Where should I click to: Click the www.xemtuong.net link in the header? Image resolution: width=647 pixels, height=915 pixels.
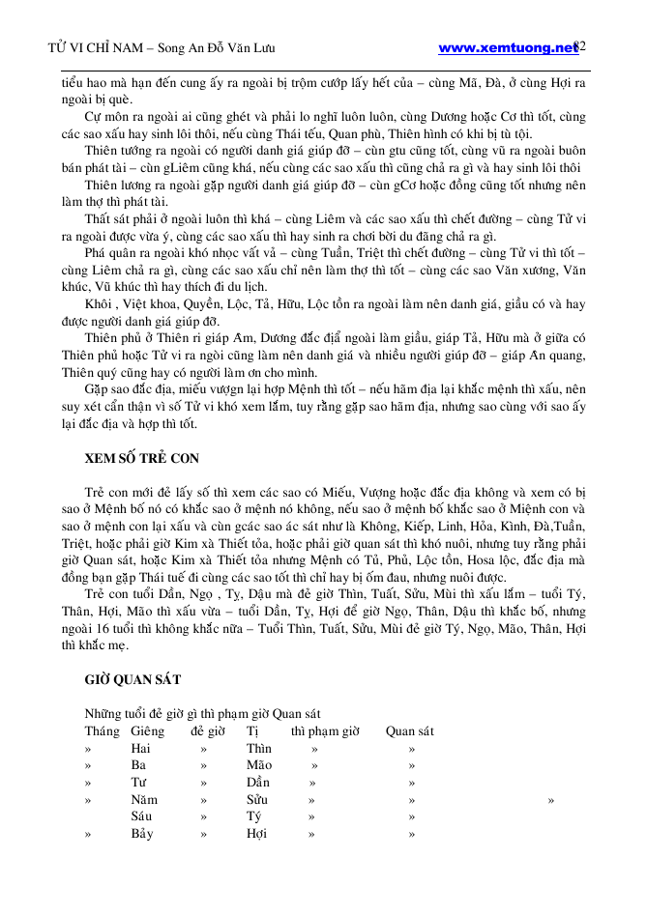[x=507, y=46]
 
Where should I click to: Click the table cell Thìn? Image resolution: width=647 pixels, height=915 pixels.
[x=258, y=748]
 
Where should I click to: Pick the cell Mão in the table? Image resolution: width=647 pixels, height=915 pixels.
[x=258, y=765]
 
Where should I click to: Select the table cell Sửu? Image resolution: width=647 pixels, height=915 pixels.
[x=256, y=800]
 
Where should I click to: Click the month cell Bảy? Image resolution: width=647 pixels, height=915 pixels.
[x=141, y=834]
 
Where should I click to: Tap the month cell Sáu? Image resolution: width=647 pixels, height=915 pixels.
[x=141, y=816]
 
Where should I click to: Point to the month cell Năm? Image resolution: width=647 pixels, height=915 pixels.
[x=144, y=800]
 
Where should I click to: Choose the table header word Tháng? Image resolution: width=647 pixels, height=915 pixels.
[x=102, y=731]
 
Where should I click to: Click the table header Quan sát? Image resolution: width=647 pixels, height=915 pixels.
[x=409, y=731]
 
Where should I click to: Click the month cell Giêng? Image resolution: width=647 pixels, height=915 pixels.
[x=147, y=731]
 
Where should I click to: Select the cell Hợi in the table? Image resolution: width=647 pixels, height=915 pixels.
[x=256, y=834]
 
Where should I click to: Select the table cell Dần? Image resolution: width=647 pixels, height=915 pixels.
[x=257, y=783]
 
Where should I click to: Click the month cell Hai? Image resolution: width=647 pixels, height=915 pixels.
[x=140, y=748]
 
